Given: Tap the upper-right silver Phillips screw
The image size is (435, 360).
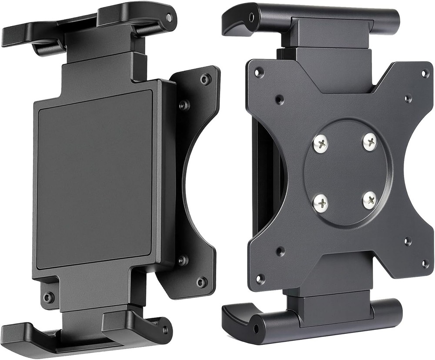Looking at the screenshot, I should pyautogui.click(x=370, y=141).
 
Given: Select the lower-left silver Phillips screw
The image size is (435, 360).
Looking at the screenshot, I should pyautogui.click(x=321, y=201).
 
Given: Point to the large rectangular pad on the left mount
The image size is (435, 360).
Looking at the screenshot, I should pyautogui.click(x=95, y=178).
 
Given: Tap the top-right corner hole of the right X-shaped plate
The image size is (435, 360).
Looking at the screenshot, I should pyautogui.click(x=425, y=73).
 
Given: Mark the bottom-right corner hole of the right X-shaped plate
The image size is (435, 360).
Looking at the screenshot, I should pyautogui.click(x=425, y=264).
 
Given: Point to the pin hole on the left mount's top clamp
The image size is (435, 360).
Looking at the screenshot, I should pyautogui.click(x=169, y=18).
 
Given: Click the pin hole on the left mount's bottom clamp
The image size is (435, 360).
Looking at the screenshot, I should pyautogui.click(x=164, y=330).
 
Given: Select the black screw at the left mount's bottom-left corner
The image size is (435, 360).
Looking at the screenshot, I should pyautogui.click(x=47, y=298).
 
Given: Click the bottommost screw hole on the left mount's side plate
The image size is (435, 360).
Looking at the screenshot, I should pyautogui.click(x=201, y=282).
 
